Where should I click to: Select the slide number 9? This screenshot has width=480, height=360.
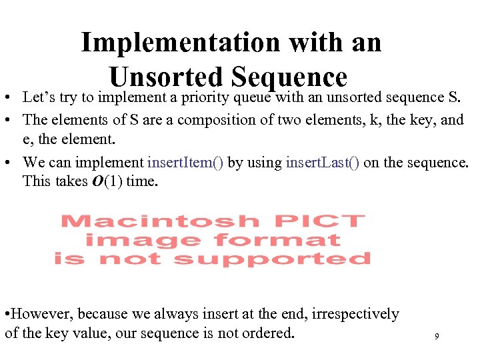tap(436, 337)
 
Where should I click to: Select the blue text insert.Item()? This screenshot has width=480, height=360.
tap(186, 163)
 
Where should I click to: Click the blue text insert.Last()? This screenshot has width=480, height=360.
tap(323, 163)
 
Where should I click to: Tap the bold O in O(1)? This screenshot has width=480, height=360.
tap(95, 181)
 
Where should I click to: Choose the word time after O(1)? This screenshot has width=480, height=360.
tap(142, 181)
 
